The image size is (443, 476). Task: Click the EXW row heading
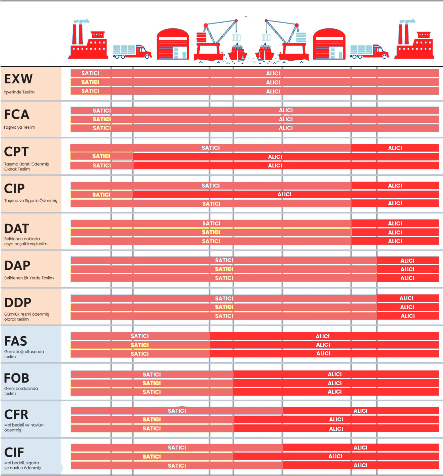(18, 79)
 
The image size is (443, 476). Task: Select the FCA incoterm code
(17, 115)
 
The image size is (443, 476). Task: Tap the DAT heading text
(17, 229)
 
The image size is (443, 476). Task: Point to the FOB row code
(17, 378)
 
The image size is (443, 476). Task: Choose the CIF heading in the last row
(14, 453)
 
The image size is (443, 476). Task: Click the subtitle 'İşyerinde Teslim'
(19, 92)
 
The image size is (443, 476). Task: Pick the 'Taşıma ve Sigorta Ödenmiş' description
(30, 201)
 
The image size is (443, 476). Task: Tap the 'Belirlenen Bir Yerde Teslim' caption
(29, 278)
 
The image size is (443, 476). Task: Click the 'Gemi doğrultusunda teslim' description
(24, 354)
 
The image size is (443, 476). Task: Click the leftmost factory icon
(88, 41)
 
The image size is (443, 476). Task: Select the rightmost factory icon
(414, 41)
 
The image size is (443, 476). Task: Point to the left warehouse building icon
(173, 44)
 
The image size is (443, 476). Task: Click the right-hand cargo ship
(265, 52)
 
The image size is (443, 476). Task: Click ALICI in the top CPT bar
(395, 148)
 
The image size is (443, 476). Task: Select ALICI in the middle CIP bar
(284, 194)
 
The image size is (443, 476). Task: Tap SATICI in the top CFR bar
(177, 411)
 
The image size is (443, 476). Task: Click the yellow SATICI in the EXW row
(90, 82)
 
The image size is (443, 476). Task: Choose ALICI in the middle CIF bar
(335, 456)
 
